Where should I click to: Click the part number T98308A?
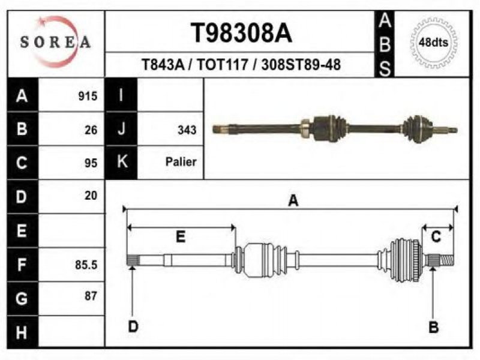pyautogui.click(x=241, y=33)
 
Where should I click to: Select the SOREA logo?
pyautogui.click(x=55, y=42)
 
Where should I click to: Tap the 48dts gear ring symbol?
pyautogui.click(x=433, y=43)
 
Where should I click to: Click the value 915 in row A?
pyautogui.click(x=88, y=96)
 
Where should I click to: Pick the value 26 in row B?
pyautogui.click(x=91, y=130)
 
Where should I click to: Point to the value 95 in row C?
pyautogui.click(x=91, y=163)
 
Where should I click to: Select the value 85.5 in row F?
pyautogui.click(x=86, y=265)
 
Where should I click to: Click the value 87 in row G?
pyautogui.click(x=91, y=296)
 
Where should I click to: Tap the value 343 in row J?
pyautogui.click(x=187, y=130)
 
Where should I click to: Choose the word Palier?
pyautogui.click(x=181, y=161)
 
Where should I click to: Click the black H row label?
pyautogui.click(x=23, y=332)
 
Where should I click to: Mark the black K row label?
pyautogui.click(x=121, y=162)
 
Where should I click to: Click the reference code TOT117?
pyautogui.click(x=222, y=65)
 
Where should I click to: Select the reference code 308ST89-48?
pyautogui.click(x=301, y=65)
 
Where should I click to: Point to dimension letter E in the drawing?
pyautogui.click(x=181, y=236)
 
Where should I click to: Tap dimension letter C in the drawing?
pyautogui.click(x=436, y=236)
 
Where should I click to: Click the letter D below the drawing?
pyautogui.click(x=133, y=326)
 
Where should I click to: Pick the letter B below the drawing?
pyautogui.click(x=433, y=327)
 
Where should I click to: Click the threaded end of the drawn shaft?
pyautogui.click(x=446, y=260)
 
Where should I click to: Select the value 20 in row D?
pyautogui.click(x=91, y=196)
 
